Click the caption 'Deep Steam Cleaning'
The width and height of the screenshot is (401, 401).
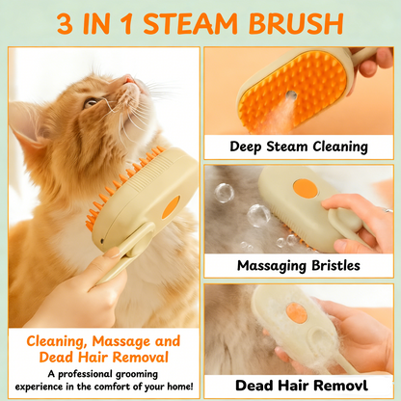(x=298, y=147)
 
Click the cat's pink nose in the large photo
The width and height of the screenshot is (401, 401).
(x=127, y=81)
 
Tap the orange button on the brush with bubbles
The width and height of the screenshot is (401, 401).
(x=305, y=189)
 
